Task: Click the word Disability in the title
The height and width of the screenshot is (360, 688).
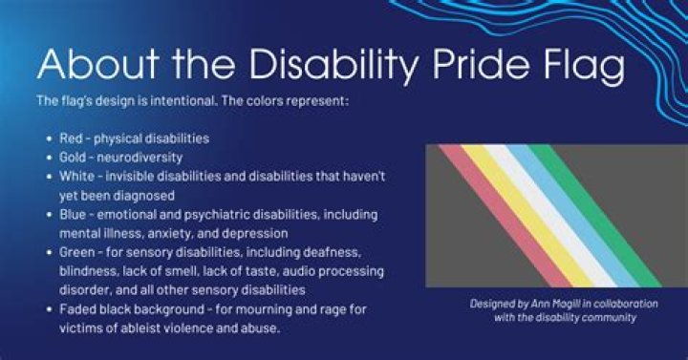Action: click(x=319, y=65)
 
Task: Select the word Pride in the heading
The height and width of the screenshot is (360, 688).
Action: click(x=460, y=65)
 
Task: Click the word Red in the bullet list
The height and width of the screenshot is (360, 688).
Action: click(x=72, y=138)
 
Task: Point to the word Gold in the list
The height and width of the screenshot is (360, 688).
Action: click(x=75, y=157)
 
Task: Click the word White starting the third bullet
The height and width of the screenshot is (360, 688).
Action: click(x=77, y=176)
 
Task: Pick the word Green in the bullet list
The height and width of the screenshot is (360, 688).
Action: click(x=79, y=252)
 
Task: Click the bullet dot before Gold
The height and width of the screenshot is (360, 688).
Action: click(x=48, y=158)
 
